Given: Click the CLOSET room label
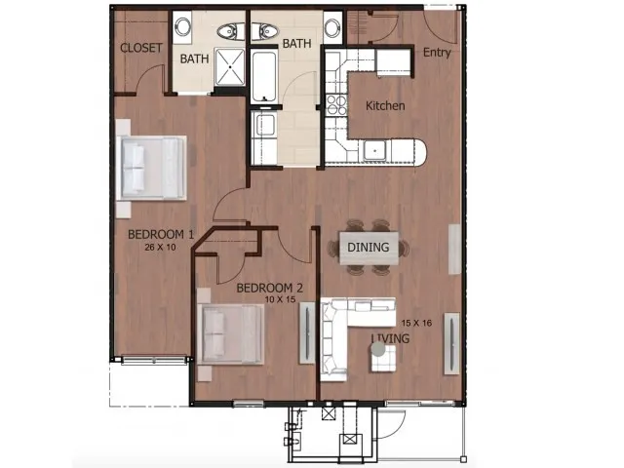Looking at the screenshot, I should coord(140,49).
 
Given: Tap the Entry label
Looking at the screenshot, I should coord(436,53).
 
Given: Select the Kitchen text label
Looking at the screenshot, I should coord(385,105).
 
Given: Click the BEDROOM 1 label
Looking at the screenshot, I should coord(162,234).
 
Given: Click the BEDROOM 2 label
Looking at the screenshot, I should coord(270,288).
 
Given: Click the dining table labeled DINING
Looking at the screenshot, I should coord(368,248).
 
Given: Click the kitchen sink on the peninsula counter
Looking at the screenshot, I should coord(374,150).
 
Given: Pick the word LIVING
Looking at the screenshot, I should coord(390,337).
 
